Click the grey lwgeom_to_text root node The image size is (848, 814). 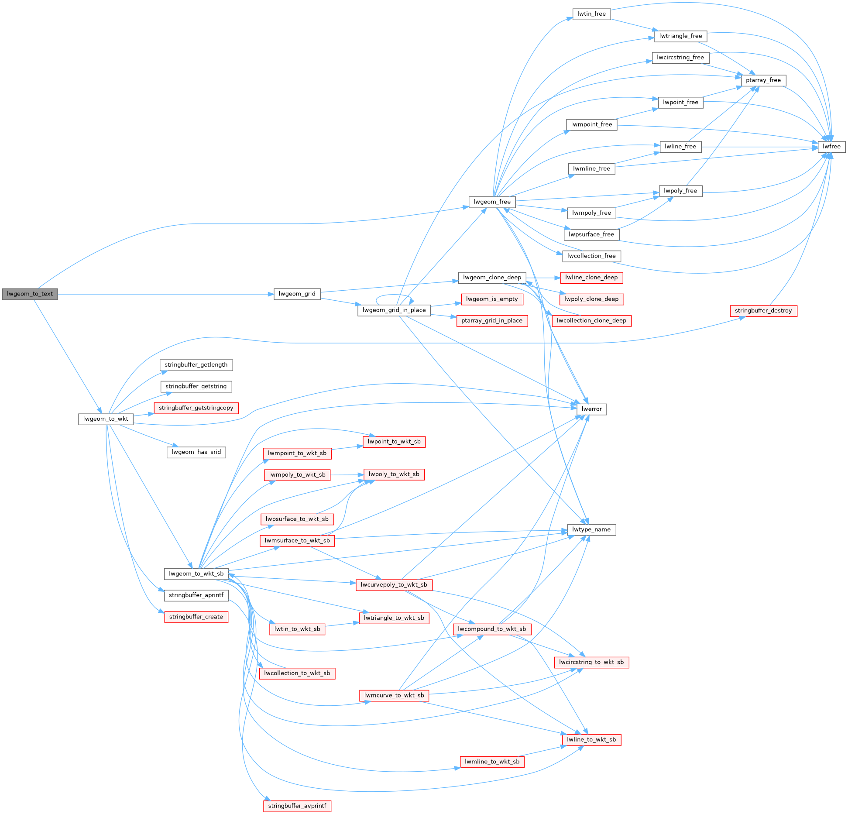(30, 294)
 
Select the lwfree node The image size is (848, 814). (831, 147)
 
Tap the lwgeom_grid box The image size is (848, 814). (297, 294)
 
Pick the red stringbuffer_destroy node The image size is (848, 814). (763, 311)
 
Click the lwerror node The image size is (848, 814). (591, 409)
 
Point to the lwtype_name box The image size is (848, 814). (591, 529)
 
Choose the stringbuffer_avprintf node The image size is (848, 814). (297, 806)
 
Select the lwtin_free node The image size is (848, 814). (591, 14)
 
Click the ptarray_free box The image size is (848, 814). (763, 80)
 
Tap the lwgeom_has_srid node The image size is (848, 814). (196, 452)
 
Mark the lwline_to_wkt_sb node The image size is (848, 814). (591, 739)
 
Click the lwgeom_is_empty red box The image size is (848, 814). (492, 299)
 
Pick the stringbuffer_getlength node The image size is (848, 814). (196, 365)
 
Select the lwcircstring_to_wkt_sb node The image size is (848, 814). (591, 662)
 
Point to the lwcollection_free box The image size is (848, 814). (591, 256)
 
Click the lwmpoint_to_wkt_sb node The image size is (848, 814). (297, 453)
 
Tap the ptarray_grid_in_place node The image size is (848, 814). (492, 320)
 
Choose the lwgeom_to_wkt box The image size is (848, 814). (106, 419)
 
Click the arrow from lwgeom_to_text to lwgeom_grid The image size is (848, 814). (166, 294)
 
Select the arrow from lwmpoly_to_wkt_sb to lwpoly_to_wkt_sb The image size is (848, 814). (347, 474)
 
